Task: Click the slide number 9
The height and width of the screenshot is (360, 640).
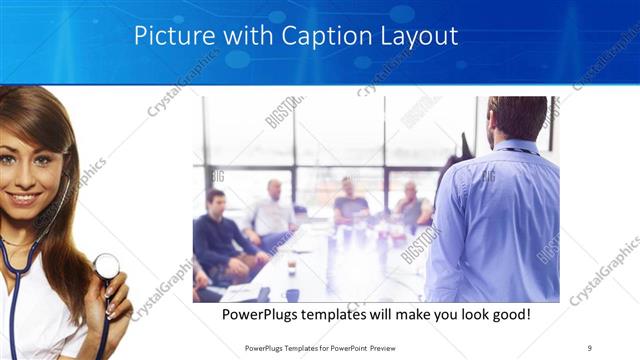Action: coord(590,348)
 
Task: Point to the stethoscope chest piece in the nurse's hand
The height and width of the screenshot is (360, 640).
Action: coord(106,266)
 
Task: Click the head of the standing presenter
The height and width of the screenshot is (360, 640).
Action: coord(518,118)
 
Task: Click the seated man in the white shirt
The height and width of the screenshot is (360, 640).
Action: coord(272,212)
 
